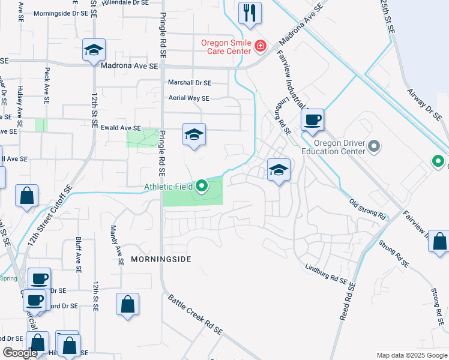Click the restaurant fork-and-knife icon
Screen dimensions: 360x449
point(250,13)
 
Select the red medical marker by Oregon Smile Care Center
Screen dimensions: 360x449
point(260,46)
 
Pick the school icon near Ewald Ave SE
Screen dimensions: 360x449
point(194,134)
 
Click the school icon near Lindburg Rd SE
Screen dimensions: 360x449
point(279,170)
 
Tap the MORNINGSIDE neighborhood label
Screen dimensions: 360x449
point(161,259)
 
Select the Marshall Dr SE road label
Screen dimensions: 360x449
point(189,83)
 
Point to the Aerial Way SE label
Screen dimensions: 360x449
point(188,98)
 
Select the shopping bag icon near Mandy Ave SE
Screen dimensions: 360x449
point(128,304)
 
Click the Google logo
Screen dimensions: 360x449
point(20,353)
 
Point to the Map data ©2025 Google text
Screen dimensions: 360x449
point(411,355)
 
